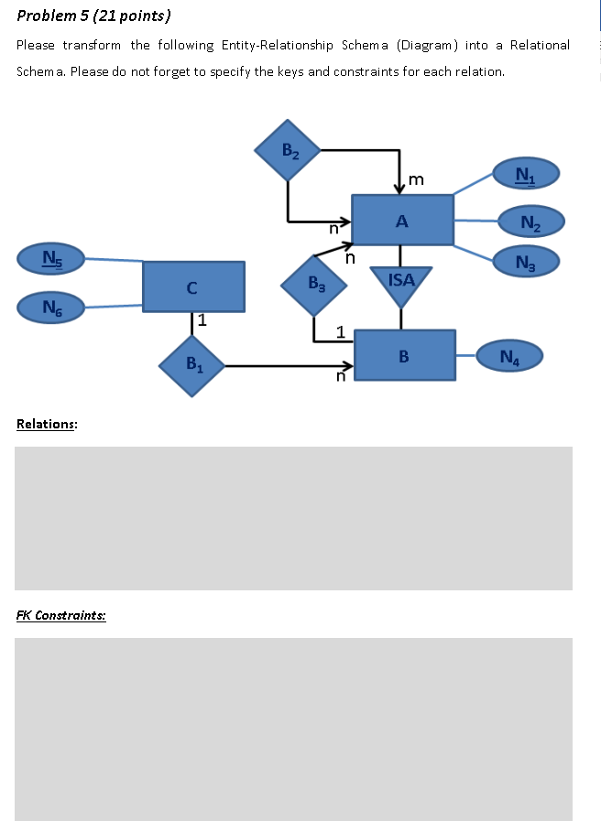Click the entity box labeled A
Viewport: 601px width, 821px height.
[x=402, y=220]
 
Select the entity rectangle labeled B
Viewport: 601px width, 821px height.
[x=404, y=356]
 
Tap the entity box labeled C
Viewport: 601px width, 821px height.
[x=193, y=286]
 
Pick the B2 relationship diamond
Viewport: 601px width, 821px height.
[x=288, y=150]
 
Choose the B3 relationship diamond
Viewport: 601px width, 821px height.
[x=314, y=285]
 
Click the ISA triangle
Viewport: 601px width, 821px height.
[x=401, y=283]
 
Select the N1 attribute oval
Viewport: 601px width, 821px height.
[x=526, y=174]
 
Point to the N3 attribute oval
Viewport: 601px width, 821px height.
[x=526, y=262]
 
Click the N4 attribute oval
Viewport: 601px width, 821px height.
[x=508, y=356]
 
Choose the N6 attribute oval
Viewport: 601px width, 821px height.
[x=51, y=307]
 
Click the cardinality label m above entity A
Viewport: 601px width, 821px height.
[x=416, y=179]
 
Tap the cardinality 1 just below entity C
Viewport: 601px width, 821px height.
[x=202, y=320]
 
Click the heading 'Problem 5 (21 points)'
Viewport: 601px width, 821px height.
[x=93, y=16]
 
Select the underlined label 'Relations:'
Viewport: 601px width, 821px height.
[x=47, y=424]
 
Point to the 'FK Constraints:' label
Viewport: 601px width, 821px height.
[x=60, y=615]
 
